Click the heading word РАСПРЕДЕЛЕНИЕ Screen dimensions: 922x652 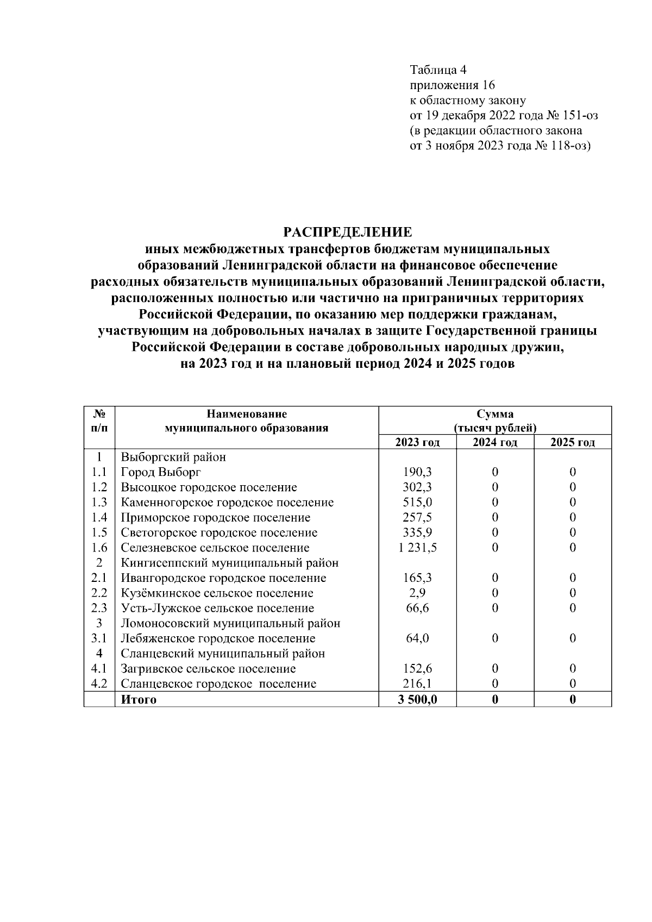pos(348,233)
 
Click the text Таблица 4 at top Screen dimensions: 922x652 pos(438,70)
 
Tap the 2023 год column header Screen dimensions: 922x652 pos(417,442)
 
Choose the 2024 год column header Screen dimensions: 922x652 pos(494,442)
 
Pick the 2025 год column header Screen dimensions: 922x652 pos(573,442)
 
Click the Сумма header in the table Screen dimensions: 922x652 pos(495,414)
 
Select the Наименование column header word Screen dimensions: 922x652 pos(247,414)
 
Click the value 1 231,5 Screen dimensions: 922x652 pos(417,548)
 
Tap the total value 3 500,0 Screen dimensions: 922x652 pos(417,699)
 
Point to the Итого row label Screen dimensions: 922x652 pos(139,699)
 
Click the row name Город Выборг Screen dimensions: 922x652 pos(160,472)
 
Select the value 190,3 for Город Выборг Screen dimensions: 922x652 pos(417,472)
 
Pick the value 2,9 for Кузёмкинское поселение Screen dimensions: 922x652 pos(417,593)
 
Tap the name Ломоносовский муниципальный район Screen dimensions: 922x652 pos(230,623)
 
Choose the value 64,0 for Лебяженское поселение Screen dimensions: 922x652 pos(417,638)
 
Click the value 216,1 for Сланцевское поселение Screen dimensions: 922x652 pos(417,684)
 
